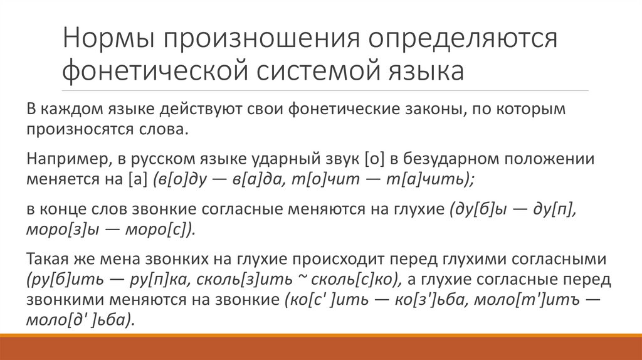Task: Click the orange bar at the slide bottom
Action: (321, 344)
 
